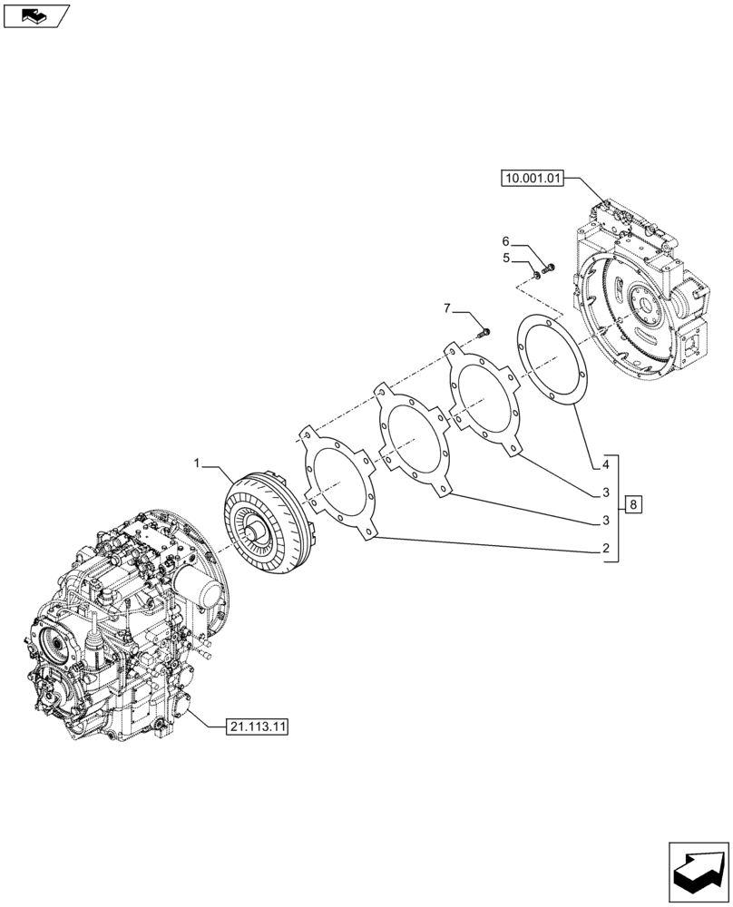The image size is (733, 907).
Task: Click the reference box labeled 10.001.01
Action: (x=532, y=180)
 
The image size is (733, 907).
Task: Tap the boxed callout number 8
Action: (x=632, y=504)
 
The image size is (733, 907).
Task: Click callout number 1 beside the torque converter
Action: (x=196, y=464)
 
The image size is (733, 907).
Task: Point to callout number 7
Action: (x=447, y=310)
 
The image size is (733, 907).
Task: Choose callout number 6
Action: (x=505, y=242)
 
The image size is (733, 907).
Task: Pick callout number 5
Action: (x=505, y=258)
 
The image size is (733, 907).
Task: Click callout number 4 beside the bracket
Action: (x=602, y=465)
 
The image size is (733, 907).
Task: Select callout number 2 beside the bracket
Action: (x=602, y=550)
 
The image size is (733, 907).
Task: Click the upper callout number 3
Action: (x=602, y=493)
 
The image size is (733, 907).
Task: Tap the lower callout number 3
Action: (x=602, y=522)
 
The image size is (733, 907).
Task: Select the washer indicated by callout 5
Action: (x=535, y=274)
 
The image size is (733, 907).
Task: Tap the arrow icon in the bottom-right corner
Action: (x=698, y=873)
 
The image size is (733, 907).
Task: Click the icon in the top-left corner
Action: (x=36, y=15)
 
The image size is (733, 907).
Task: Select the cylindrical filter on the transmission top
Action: (x=203, y=595)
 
